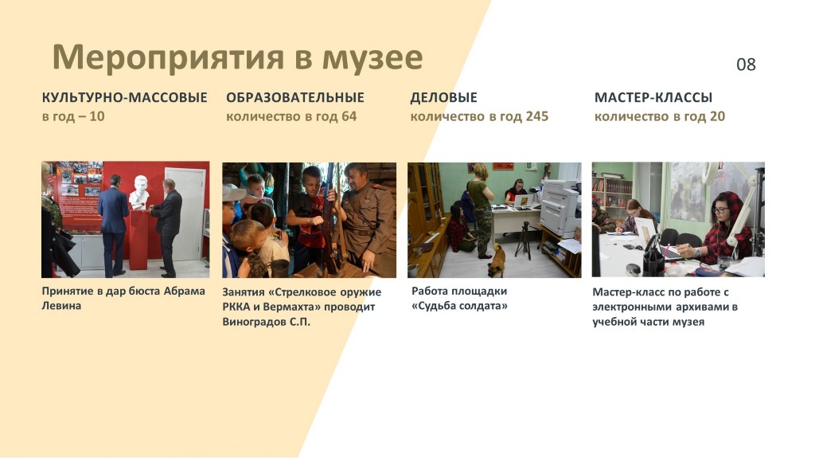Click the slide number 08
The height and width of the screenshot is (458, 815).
coord(746,65)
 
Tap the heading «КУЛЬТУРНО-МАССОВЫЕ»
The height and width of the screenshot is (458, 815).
coord(125,97)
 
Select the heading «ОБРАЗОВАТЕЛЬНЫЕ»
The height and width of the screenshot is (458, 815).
coord(295,97)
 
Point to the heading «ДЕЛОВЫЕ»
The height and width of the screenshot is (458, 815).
coord(444,97)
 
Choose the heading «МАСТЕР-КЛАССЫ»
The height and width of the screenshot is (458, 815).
coord(653,97)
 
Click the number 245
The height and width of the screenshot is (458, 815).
coord(537,116)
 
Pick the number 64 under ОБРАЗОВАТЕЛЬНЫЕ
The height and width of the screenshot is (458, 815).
coord(349,116)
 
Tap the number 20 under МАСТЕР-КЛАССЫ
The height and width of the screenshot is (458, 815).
coord(717,116)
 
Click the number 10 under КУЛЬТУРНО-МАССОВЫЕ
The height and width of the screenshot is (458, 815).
coord(96,116)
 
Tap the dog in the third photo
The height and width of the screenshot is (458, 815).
coord(497,260)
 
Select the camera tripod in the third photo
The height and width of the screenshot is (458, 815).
coord(524,240)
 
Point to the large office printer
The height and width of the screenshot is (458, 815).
coord(560,206)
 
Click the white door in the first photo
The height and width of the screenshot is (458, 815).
coord(185,213)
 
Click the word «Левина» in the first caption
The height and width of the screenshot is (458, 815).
coord(61,306)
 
